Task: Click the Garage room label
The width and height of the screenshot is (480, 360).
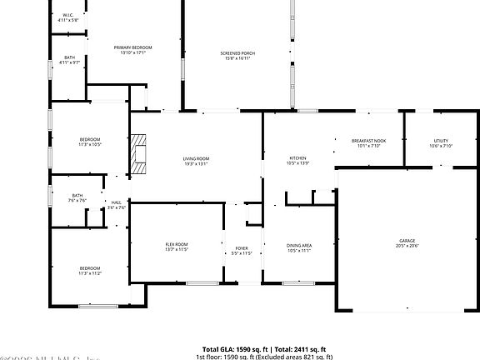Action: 407,240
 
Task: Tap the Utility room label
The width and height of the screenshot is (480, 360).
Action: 441,141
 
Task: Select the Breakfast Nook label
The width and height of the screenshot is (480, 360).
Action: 368,141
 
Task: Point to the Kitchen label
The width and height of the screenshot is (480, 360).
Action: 297,157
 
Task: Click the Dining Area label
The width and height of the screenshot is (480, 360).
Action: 299,245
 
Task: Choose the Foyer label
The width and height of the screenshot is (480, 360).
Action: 242,247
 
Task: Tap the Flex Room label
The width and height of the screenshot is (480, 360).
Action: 177,243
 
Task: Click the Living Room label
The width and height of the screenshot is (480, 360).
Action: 196,157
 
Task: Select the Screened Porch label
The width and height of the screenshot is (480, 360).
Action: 237,53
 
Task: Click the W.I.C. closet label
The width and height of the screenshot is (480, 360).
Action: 69,14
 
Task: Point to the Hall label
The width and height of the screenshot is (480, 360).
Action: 117,202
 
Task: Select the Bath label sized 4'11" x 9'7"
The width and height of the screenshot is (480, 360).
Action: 69,57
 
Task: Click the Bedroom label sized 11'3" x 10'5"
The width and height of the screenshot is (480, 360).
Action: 90,138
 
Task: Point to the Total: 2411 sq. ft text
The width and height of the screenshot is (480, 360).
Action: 302,349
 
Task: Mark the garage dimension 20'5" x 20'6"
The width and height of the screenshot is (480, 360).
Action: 407,246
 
